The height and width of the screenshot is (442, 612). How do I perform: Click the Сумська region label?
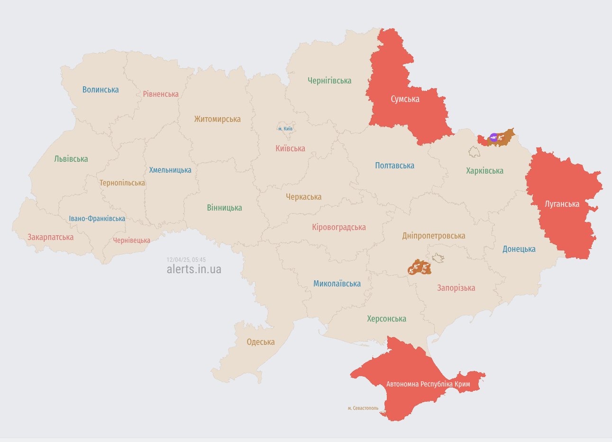405,99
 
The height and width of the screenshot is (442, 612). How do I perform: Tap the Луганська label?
562,204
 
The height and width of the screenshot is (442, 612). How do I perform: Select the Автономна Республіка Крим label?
428,384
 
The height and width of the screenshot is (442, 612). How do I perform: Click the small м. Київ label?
285,129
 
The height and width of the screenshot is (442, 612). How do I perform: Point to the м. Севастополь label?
363,408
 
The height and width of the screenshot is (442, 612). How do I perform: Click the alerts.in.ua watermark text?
194,269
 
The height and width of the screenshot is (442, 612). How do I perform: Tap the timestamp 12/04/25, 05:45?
186,260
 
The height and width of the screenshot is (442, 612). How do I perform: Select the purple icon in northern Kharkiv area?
493,138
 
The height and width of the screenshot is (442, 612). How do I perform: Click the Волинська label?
100,90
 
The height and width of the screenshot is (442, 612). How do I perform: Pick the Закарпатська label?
50,237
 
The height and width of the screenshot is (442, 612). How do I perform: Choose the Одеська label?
261,342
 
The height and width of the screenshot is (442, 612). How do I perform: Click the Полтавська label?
394,166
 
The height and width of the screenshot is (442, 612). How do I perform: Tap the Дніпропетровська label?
433,236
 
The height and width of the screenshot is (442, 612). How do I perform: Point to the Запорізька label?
456,288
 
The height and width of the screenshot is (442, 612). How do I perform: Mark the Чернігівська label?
329,81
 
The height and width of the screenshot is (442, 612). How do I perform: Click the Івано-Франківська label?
97,219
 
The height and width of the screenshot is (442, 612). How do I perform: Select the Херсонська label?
386,319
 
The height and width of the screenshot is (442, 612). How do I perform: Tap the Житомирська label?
217,119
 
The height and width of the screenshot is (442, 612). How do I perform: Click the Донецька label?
519,249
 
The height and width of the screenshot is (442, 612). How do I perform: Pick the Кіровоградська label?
338,227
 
